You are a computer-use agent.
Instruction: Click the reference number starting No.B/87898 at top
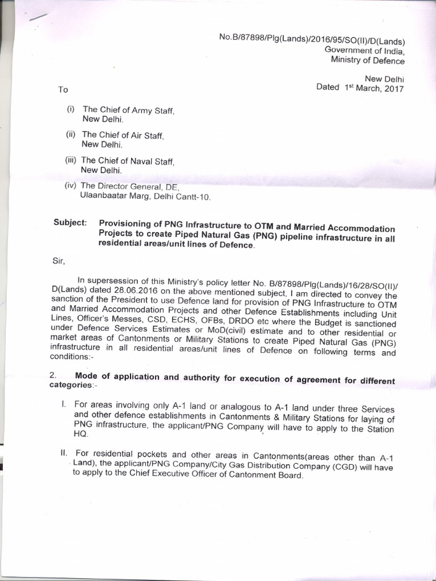[311, 39]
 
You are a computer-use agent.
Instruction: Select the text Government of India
[364, 50]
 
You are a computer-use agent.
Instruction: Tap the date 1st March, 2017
[374, 88]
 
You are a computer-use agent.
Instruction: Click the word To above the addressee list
[62, 90]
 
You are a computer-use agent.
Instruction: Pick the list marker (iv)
[71, 186]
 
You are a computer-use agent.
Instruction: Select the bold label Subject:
[70, 222]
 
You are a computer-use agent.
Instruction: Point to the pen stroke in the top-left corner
[38, 18]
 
